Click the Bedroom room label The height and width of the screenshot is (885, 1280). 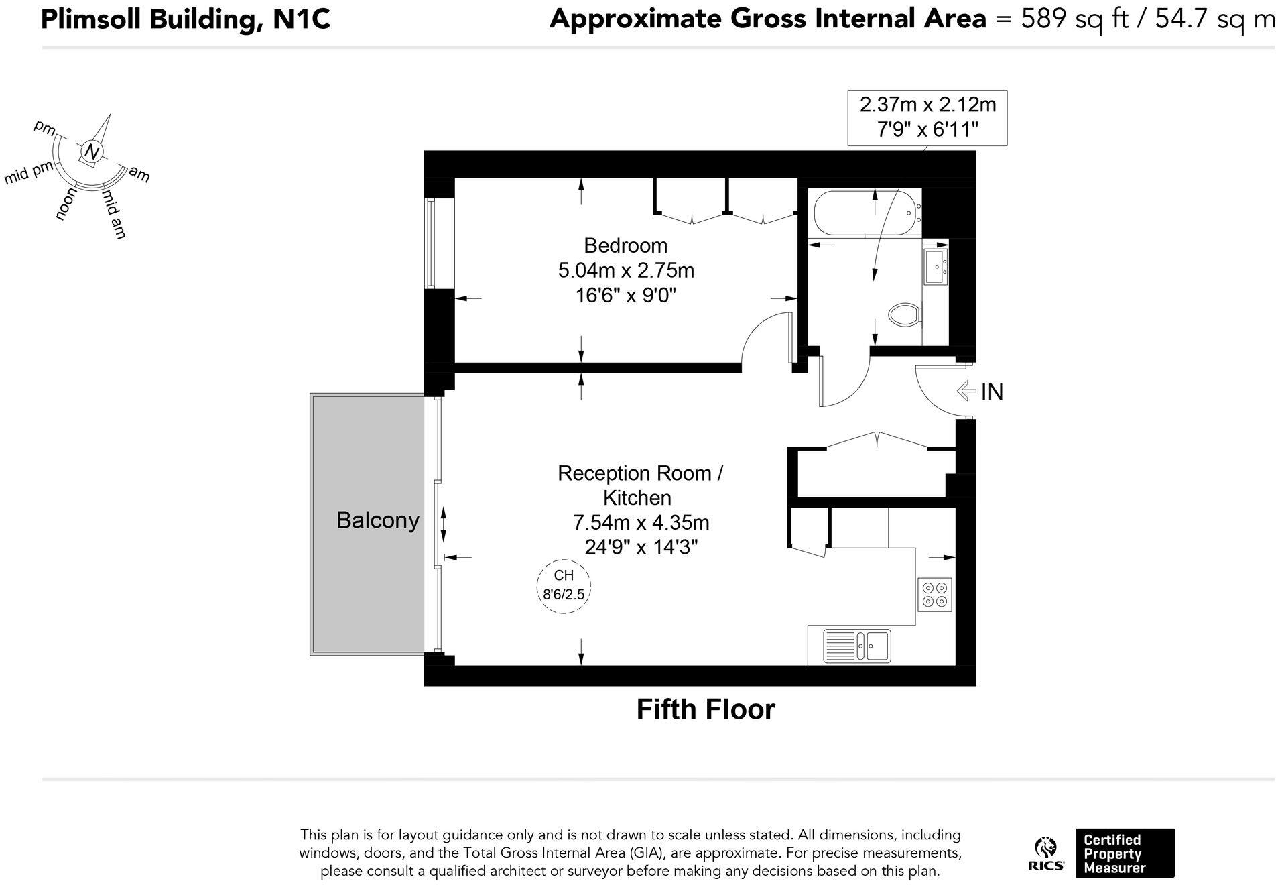coord(625,245)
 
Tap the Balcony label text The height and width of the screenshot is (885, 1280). coord(377,520)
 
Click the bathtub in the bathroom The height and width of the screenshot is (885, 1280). coord(865,212)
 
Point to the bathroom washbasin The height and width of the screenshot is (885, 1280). coord(936,266)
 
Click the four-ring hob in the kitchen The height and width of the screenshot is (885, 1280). coord(935,593)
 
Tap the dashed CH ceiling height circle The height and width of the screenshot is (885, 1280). coord(564,586)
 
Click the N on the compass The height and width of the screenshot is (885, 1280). coord(92,153)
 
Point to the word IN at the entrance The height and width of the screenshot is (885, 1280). coord(992,392)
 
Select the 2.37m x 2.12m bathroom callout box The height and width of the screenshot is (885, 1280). coord(927,117)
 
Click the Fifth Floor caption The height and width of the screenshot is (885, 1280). coord(705,709)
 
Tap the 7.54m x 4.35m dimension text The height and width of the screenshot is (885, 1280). coord(641,522)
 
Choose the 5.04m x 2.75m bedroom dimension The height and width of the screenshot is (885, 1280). coord(626,270)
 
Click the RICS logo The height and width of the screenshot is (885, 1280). coord(1045,853)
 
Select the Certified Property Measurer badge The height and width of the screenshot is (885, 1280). coord(1125,853)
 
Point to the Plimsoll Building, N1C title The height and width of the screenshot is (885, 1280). coord(186,19)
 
